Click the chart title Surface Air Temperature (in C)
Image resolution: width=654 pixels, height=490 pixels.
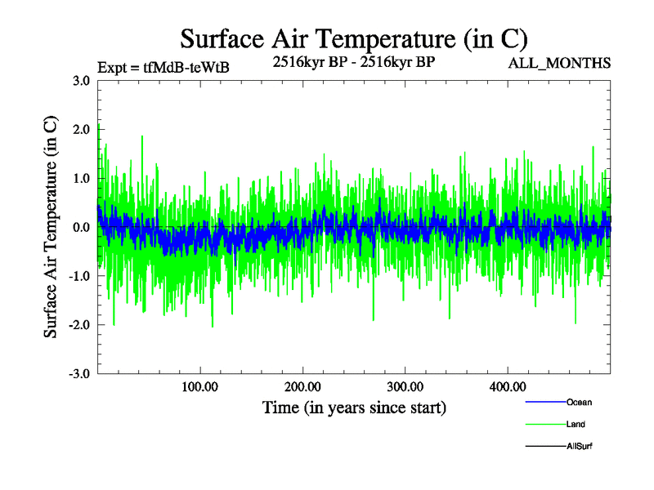tap(353, 38)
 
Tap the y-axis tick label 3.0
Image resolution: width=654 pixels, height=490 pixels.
tap(81, 81)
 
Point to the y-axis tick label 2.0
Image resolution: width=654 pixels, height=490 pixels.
tap(81, 129)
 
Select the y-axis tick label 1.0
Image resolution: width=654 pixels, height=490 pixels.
tap(81, 178)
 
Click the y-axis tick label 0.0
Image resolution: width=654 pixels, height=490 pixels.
tap(81, 227)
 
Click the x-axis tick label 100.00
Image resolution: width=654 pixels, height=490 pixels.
tap(200, 386)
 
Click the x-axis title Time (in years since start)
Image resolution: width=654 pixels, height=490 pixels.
tap(354, 407)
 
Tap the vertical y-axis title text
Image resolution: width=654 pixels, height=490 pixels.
tap(51, 227)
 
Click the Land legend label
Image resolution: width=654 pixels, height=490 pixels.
tap(576, 425)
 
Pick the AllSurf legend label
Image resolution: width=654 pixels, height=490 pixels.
tap(580, 447)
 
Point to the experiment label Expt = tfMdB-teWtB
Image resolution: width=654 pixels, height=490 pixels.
tap(163, 68)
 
